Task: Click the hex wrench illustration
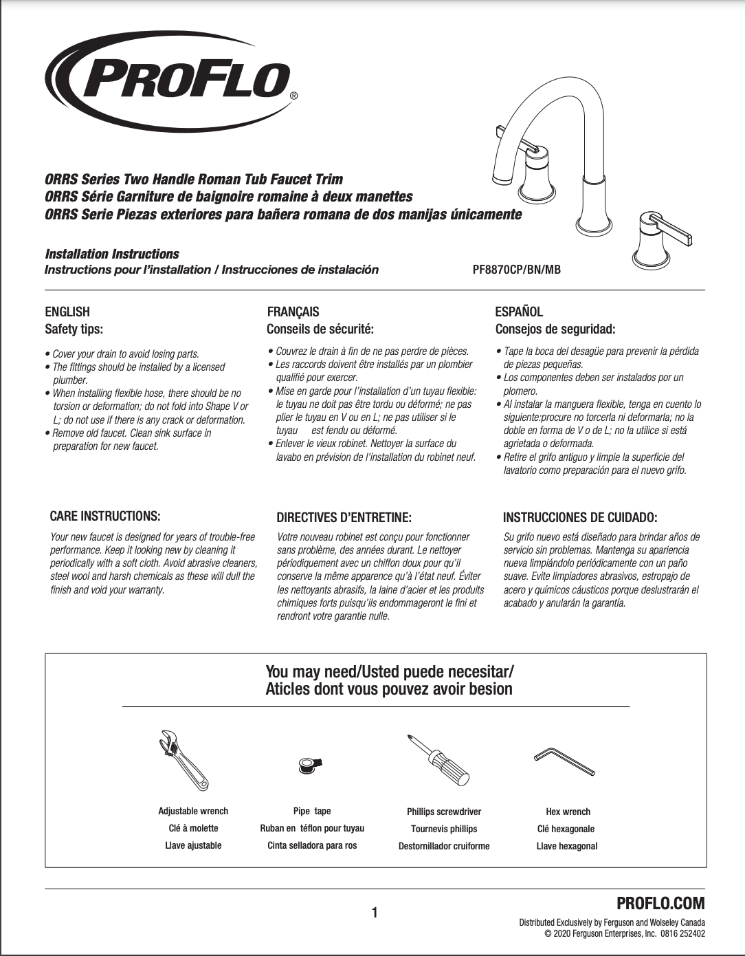tap(564, 761)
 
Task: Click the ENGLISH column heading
tap(67, 312)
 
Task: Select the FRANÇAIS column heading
tap(293, 312)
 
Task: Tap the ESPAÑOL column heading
tap(519, 312)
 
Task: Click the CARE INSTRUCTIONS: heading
tap(105, 516)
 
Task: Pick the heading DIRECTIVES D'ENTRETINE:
tap(344, 517)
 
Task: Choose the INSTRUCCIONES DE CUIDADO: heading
tap(579, 517)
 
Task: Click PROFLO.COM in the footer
tap(660, 903)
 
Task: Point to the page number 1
tap(375, 913)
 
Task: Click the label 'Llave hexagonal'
tap(567, 846)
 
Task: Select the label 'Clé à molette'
tap(193, 828)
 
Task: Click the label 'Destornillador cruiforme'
tap(444, 846)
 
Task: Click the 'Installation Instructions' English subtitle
tap(112, 254)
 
